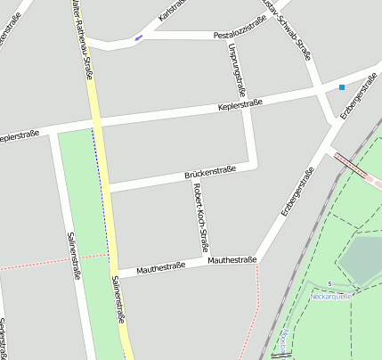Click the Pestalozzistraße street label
tap(241, 35)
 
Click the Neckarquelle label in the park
tap(331, 294)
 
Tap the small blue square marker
tap(342, 87)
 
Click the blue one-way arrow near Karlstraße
tap(137, 38)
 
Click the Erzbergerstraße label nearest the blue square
tap(359, 97)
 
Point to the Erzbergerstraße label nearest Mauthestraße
tap(297, 191)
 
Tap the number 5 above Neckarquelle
tap(329, 283)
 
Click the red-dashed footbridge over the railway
tap(354, 167)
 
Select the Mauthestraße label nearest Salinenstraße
tap(160, 267)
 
